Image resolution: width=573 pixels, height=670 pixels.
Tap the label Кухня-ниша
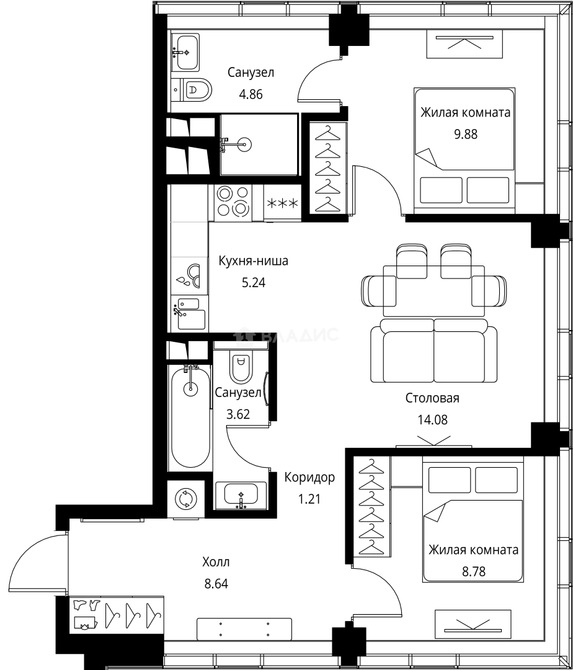tap(253, 261)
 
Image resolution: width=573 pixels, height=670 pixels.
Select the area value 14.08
tap(432, 419)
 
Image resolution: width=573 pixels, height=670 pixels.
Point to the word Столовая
tap(432, 398)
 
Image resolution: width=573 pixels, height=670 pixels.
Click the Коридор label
tap(309, 477)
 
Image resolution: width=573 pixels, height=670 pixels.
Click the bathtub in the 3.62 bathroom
tap(190, 416)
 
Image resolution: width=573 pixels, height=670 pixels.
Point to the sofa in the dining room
tap(433, 352)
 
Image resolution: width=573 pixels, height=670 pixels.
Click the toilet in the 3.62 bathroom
tap(241, 366)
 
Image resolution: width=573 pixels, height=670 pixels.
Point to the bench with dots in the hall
tap(244, 628)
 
